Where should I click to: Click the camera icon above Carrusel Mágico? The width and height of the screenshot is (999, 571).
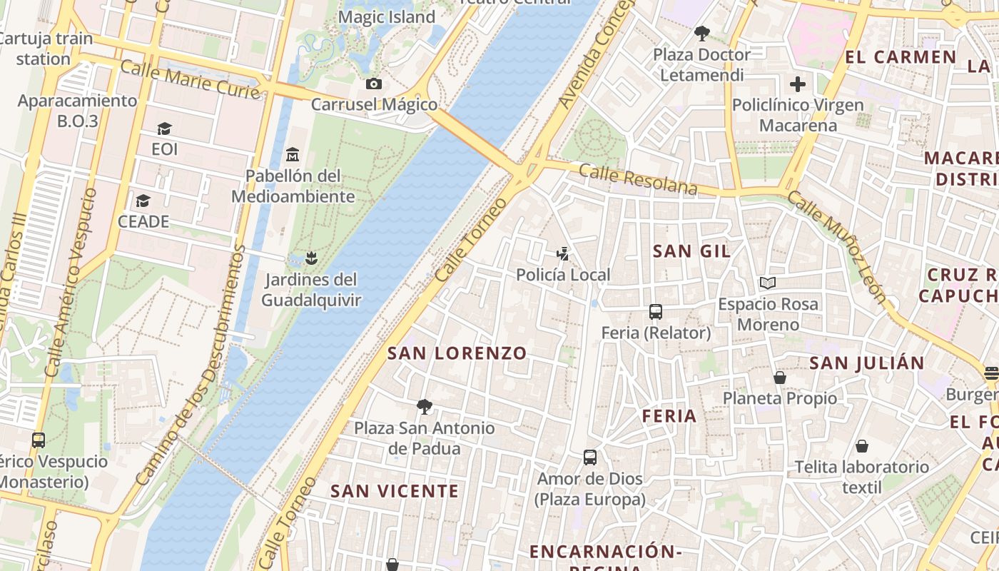pos(373,84)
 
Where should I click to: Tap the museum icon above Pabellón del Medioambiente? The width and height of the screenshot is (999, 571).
pos(292,154)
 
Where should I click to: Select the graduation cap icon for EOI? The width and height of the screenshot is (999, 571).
pos(165,128)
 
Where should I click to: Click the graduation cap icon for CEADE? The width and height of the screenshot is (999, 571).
pos(143,201)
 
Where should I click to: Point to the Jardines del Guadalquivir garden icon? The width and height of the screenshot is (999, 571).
pos(310,257)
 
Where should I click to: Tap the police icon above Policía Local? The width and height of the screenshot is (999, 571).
pos(563,253)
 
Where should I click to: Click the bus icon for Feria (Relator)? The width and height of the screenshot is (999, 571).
pos(656,311)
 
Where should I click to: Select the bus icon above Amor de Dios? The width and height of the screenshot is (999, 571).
pos(590,457)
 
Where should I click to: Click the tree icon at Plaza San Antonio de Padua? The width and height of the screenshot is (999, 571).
pos(425,407)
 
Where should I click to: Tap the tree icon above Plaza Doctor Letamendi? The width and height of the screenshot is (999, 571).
pos(702,33)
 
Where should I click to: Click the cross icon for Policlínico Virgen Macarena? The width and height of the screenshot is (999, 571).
pos(797,84)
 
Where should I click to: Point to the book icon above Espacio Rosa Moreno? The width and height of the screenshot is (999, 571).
pos(768,283)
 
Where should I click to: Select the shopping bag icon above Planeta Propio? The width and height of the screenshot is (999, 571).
pos(780,377)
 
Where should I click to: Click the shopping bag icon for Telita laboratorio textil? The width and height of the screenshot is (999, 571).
pos(862,446)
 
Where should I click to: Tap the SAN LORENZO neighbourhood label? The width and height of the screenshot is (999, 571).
pos(457,353)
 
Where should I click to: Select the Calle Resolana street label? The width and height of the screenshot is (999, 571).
pos(637,179)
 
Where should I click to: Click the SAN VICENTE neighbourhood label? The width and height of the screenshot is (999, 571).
pos(394,491)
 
